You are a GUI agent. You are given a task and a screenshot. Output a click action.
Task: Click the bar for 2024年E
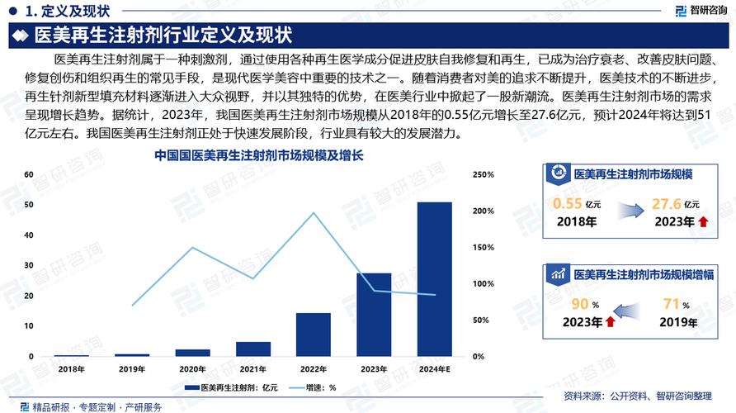(x=434, y=279)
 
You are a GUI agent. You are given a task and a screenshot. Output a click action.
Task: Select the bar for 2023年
(x=374, y=315)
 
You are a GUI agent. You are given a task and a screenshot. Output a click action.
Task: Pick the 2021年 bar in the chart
(x=252, y=349)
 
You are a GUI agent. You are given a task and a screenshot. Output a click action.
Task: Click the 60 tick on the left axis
(x=28, y=175)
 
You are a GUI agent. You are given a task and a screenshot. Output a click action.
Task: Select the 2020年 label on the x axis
(x=192, y=369)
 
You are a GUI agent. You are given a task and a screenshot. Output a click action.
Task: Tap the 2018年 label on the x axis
(x=71, y=369)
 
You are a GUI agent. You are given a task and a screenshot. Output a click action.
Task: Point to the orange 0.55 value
(x=568, y=203)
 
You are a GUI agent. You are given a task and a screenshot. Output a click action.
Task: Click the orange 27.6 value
(x=666, y=203)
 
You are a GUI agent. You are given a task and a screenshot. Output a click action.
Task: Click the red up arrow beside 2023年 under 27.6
(x=702, y=221)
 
